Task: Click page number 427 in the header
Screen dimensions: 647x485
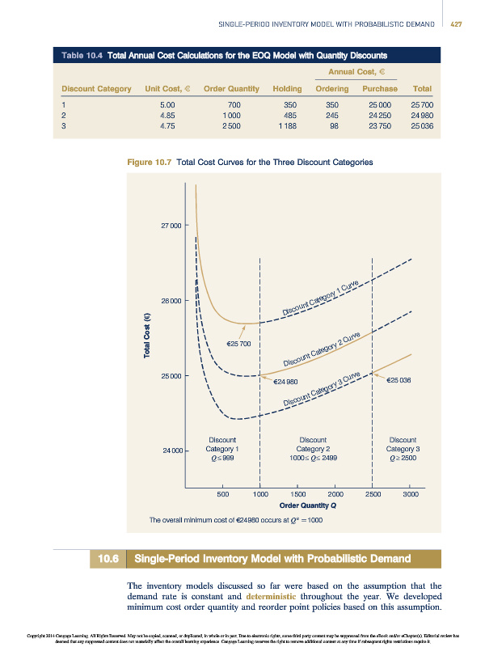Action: pos(455,24)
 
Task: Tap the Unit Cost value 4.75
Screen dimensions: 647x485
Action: pos(168,125)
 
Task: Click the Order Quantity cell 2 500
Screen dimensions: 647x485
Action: pos(229,125)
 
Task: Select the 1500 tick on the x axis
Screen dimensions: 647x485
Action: pos(297,493)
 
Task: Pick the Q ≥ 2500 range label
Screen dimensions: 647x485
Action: pos(403,459)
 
